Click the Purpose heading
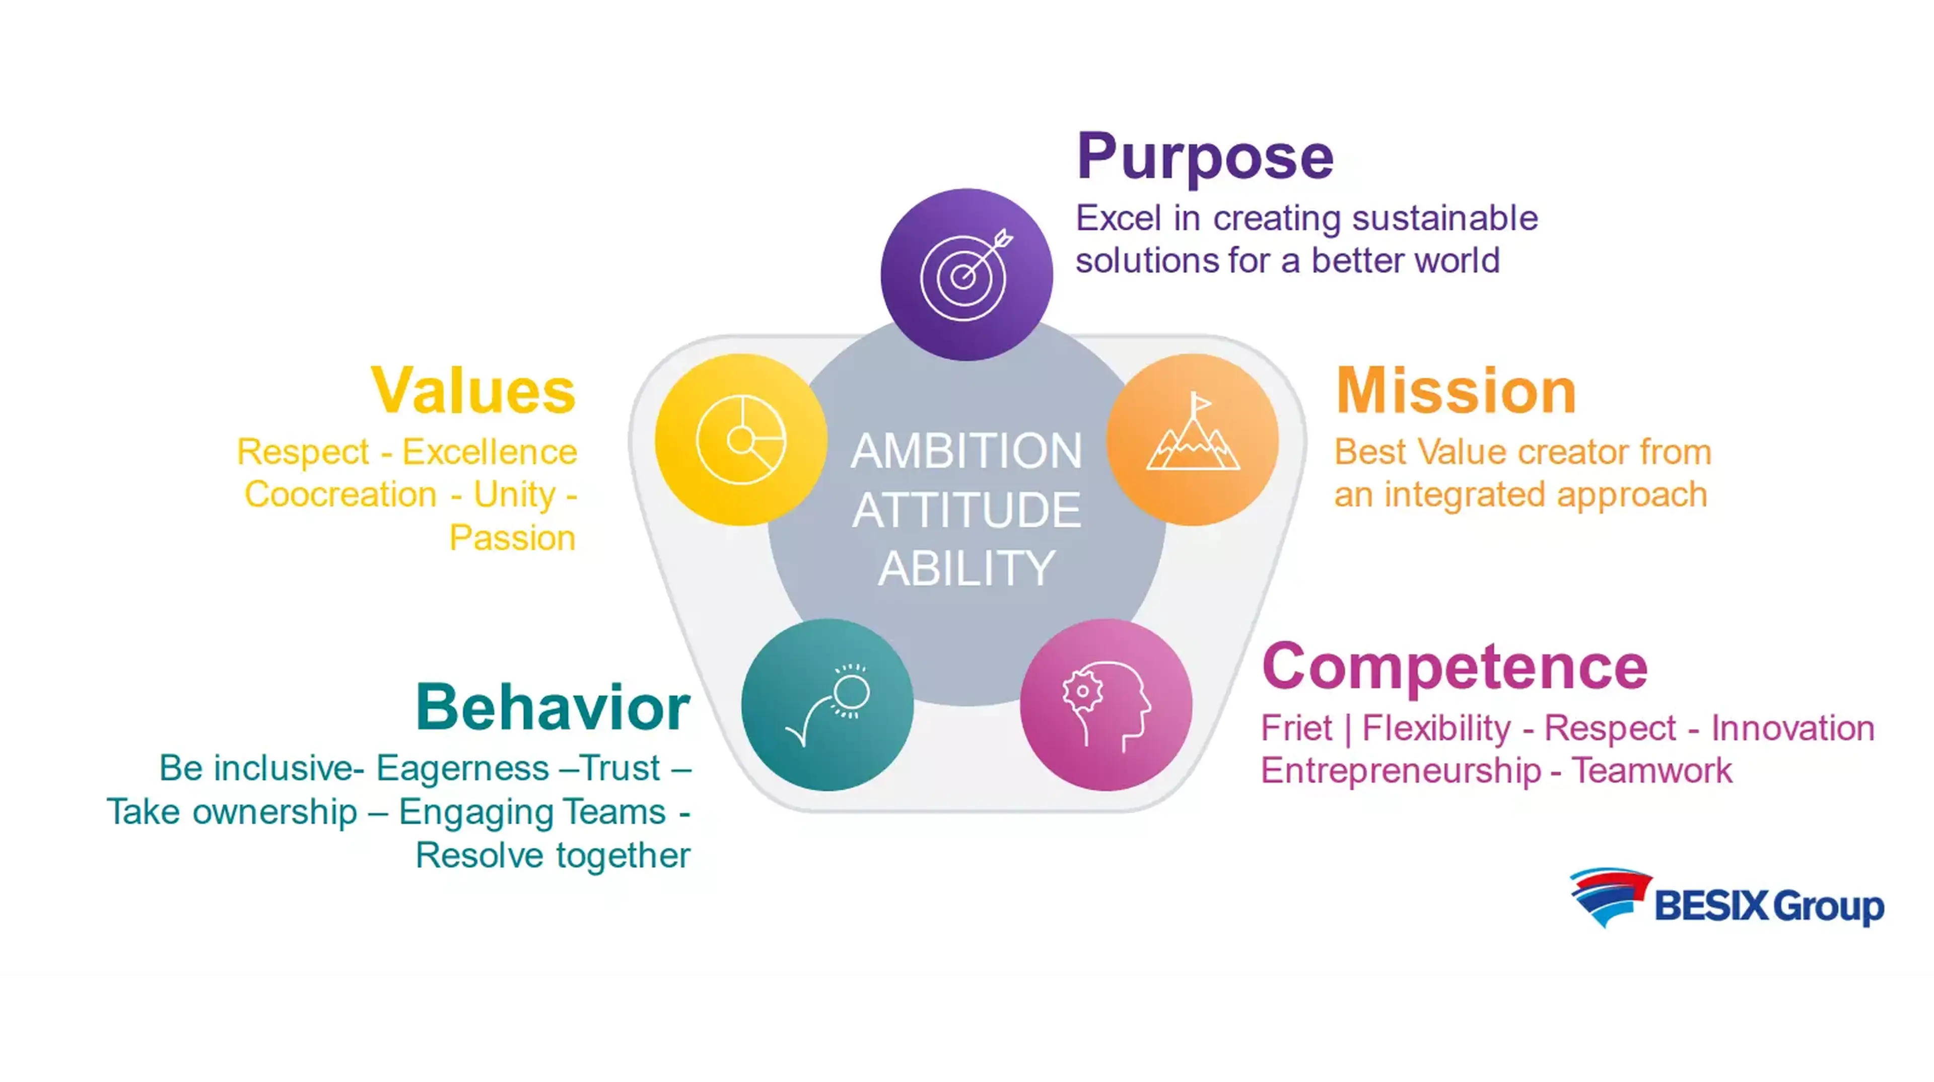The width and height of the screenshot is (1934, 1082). click(x=1205, y=158)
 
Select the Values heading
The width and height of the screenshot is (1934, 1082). click(x=473, y=391)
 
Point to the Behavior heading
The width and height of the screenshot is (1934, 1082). click(x=552, y=707)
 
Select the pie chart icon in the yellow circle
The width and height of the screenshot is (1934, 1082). click(x=741, y=439)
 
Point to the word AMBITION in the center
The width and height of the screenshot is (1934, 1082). click(x=966, y=451)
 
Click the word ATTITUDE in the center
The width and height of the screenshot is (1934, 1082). click(x=966, y=510)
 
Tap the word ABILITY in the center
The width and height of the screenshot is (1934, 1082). click(x=966, y=569)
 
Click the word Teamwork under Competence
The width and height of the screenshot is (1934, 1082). click(x=1652, y=771)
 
